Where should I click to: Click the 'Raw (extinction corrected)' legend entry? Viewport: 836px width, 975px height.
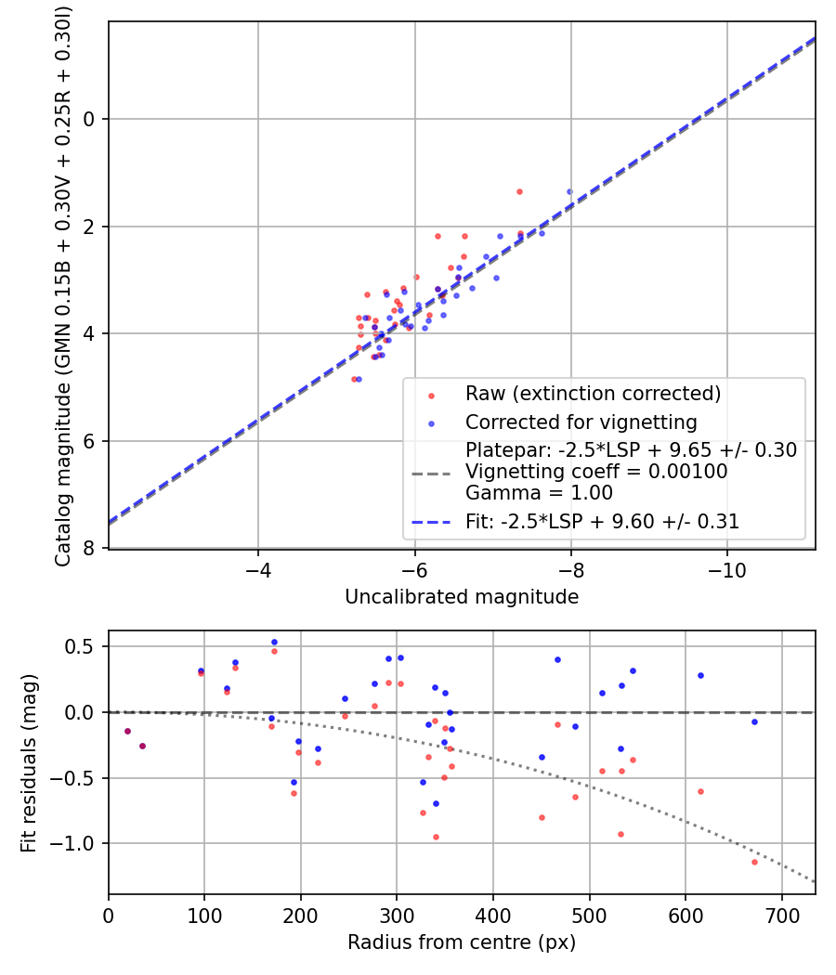(x=593, y=394)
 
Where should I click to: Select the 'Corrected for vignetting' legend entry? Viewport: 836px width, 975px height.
(x=581, y=422)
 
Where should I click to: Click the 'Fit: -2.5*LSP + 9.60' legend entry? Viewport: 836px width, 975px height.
(x=602, y=522)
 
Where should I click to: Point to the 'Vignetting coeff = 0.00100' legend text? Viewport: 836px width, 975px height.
(x=596, y=472)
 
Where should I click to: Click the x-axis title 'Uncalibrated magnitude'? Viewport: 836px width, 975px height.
(x=462, y=597)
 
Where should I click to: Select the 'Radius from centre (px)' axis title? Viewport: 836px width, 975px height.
(x=462, y=942)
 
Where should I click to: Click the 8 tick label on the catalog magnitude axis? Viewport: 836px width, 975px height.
(x=90, y=549)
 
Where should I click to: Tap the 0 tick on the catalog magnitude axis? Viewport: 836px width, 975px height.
(x=90, y=119)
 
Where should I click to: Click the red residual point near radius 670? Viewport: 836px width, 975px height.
(x=754, y=862)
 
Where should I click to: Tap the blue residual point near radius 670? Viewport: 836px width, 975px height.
(x=754, y=721)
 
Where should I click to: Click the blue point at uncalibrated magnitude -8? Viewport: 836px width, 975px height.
(x=569, y=191)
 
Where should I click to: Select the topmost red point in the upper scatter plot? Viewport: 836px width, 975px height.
(x=519, y=191)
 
